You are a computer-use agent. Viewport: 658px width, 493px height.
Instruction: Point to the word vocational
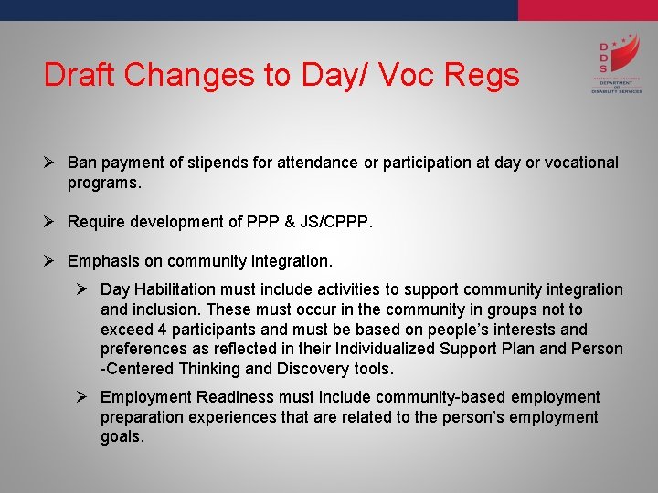pyautogui.click(x=576, y=163)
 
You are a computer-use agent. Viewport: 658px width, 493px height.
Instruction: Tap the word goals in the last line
pyautogui.click(x=122, y=437)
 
